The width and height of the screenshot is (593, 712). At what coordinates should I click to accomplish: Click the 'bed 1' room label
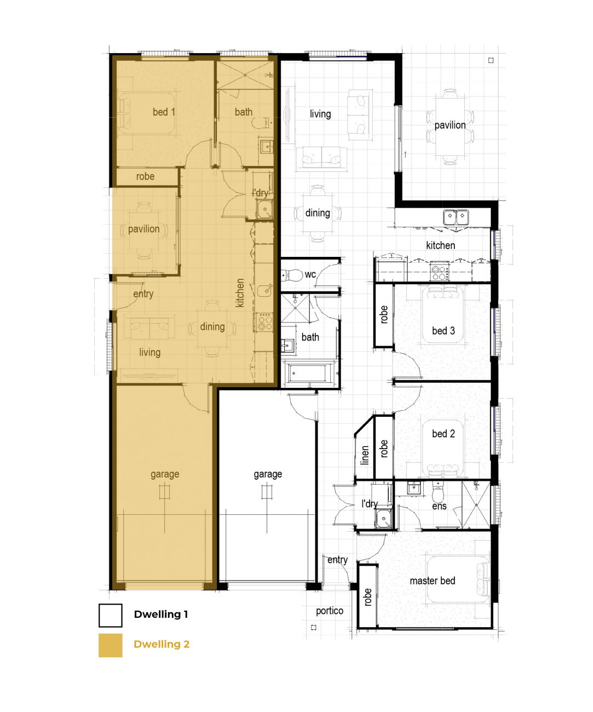coord(164,112)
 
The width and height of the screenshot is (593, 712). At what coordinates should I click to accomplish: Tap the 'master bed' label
coord(432,581)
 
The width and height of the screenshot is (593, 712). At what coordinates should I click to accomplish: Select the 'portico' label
coord(329,611)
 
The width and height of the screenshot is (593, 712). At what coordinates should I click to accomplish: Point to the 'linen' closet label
coord(365,455)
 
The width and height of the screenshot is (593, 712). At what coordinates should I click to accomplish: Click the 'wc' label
coord(310,274)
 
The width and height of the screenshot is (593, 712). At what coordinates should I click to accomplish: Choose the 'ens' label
coord(439,506)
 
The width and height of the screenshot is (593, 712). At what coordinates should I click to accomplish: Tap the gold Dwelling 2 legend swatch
coord(110,645)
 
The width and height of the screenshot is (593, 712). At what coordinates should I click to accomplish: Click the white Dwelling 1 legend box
coord(110,616)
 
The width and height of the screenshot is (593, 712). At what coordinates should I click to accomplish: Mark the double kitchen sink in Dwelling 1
coord(456,217)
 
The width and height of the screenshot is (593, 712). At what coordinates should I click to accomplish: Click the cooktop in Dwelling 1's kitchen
coord(440,272)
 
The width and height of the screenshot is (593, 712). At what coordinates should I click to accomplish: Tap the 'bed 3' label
coord(444,330)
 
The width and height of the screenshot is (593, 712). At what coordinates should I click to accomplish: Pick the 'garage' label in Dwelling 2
coord(165,474)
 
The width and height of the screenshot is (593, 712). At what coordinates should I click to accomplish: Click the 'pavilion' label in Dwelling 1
coord(450,125)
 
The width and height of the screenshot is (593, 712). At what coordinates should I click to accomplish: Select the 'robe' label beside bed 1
coord(145,176)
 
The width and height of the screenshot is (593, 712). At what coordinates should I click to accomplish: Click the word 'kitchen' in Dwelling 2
coord(240,293)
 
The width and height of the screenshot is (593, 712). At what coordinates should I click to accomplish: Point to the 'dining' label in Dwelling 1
coord(318,213)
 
